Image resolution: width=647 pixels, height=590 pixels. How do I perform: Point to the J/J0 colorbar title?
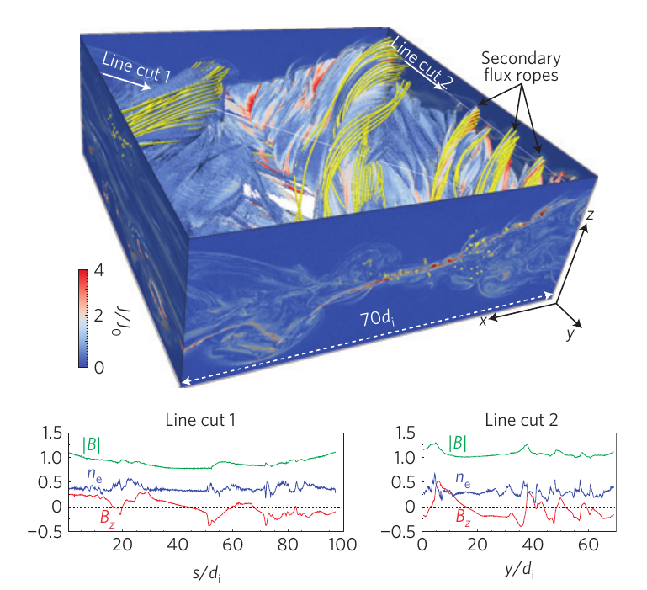point(116,320)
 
